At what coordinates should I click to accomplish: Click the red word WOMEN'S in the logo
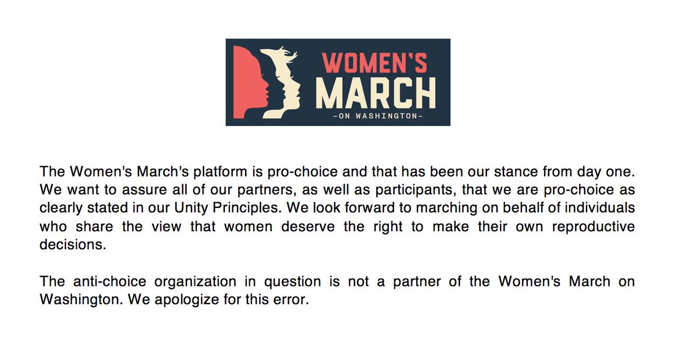pos(374,63)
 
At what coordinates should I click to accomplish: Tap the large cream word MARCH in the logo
pos(376,93)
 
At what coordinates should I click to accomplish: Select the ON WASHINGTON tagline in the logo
pos(378,116)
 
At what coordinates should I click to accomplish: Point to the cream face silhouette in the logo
pos(281,82)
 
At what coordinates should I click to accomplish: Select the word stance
pos(516,172)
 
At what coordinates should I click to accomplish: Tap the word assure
pos(145,190)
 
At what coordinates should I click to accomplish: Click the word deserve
pos(308,227)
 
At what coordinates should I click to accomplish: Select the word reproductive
pos(593,227)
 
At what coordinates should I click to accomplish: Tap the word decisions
pos(73,244)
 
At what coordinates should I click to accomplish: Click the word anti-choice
pos(110,281)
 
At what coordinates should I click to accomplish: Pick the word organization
pos(195,282)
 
